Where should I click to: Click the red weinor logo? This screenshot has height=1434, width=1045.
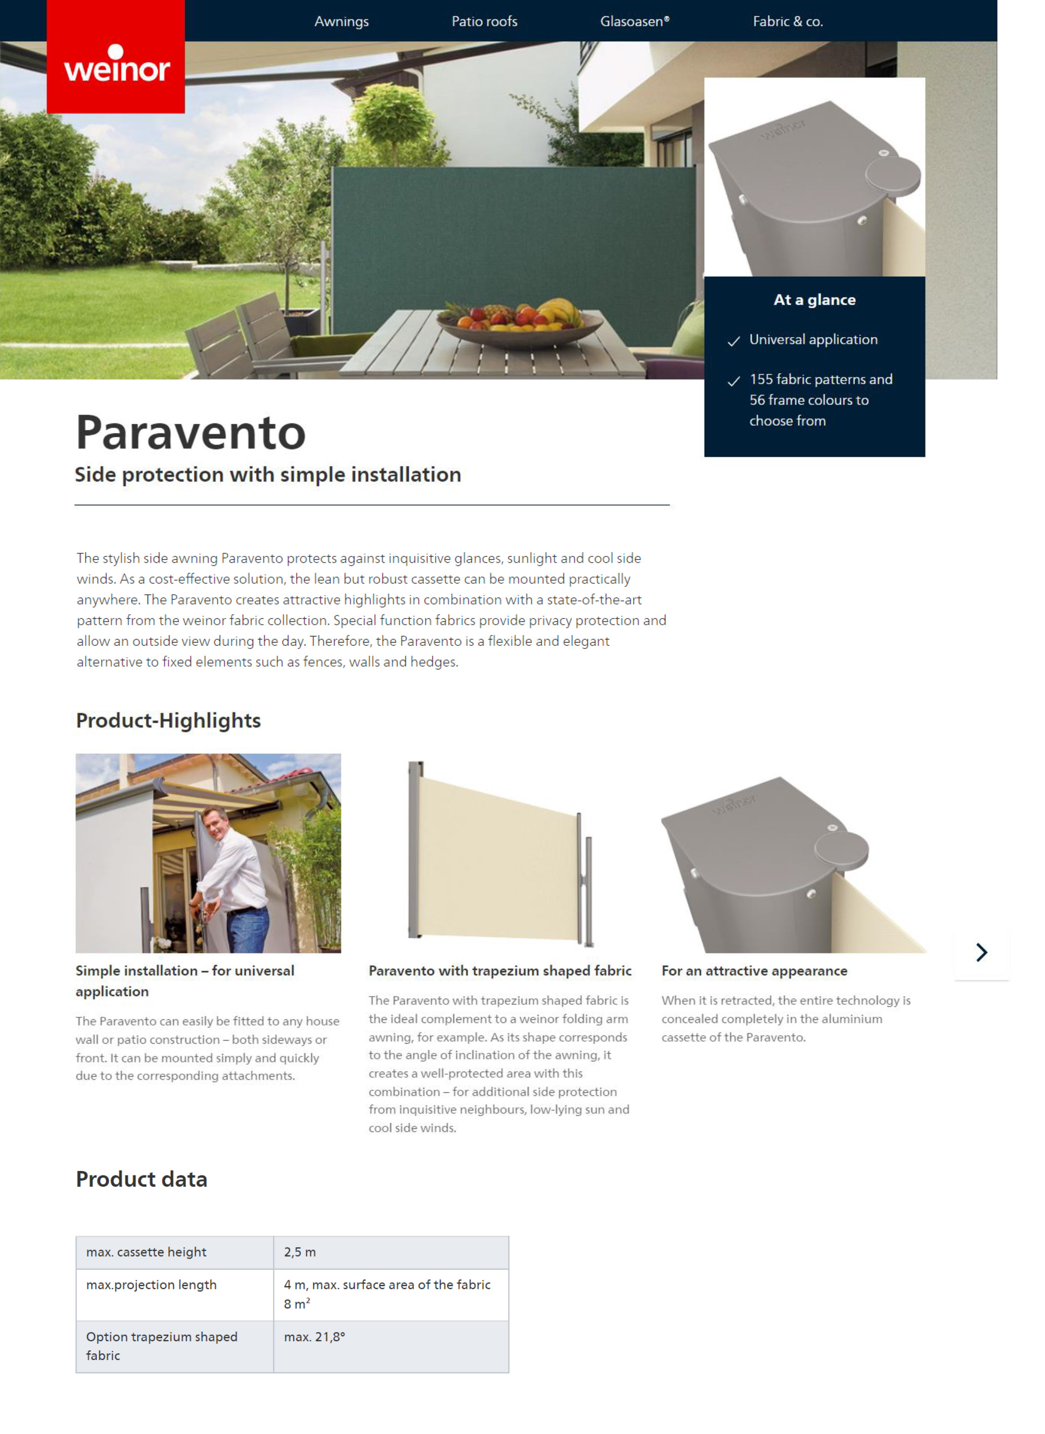[116, 57]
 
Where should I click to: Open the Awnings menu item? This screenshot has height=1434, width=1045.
[341, 21]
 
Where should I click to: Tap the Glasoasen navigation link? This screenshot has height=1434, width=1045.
[635, 21]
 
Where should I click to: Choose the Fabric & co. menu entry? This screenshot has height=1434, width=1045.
[788, 21]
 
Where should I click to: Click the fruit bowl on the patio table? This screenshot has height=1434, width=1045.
[521, 321]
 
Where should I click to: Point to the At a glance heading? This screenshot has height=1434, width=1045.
[814, 300]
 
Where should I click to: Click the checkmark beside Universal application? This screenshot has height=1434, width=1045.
[734, 341]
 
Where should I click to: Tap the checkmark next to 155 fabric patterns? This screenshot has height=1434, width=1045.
[734, 381]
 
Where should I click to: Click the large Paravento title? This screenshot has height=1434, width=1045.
[190, 433]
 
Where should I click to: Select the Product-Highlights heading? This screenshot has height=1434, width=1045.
[168, 720]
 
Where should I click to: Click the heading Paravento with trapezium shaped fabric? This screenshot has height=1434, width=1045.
[500, 971]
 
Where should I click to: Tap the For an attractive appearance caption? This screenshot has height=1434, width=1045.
[754, 971]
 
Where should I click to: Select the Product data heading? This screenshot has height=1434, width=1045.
[142, 1179]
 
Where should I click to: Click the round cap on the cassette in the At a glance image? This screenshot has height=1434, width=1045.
[893, 175]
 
